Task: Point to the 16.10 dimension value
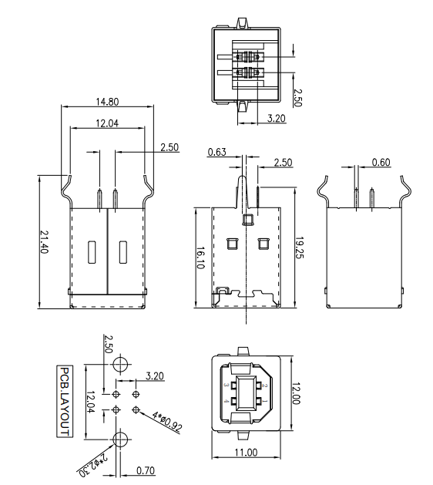[x=200, y=256]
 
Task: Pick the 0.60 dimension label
[x=381, y=162]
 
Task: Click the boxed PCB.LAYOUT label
[x=65, y=401]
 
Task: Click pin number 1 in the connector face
[x=262, y=401]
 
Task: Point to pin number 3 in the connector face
[x=225, y=384]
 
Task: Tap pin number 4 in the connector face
[x=225, y=402]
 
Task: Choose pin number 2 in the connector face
[x=262, y=384]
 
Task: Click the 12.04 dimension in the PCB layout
[x=90, y=401]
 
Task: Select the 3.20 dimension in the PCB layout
[x=154, y=377]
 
